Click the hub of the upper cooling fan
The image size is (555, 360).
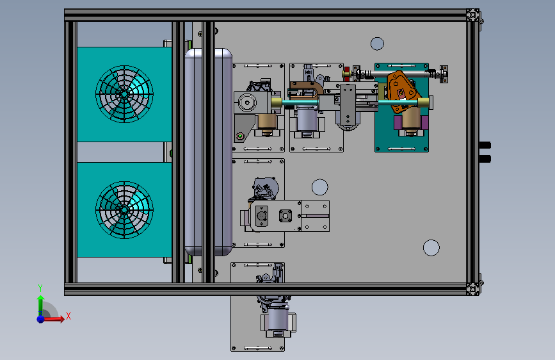tap(124, 94)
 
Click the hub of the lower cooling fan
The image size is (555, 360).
tap(124, 209)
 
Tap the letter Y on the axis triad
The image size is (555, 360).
tap(40, 288)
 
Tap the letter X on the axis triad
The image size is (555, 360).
tap(68, 316)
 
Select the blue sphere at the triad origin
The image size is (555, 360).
tap(41, 319)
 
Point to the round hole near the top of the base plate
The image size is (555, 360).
tap(377, 44)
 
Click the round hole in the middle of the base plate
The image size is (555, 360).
tap(319, 187)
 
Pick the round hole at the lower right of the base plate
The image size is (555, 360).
tap(431, 248)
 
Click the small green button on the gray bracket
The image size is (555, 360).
tap(240, 136)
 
